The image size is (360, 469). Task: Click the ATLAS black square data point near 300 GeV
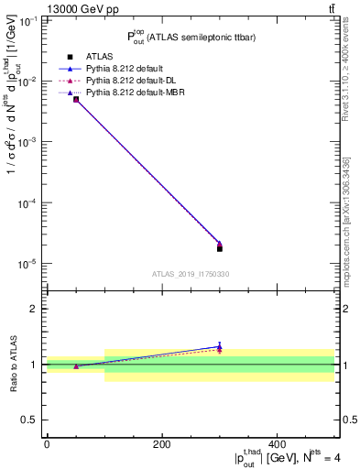(x=220, y=248)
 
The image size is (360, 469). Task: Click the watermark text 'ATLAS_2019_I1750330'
(x=191, y=274)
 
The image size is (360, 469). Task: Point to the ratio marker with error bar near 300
(x=220, y=347)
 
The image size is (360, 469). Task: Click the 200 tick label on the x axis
(x=161, y=444)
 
